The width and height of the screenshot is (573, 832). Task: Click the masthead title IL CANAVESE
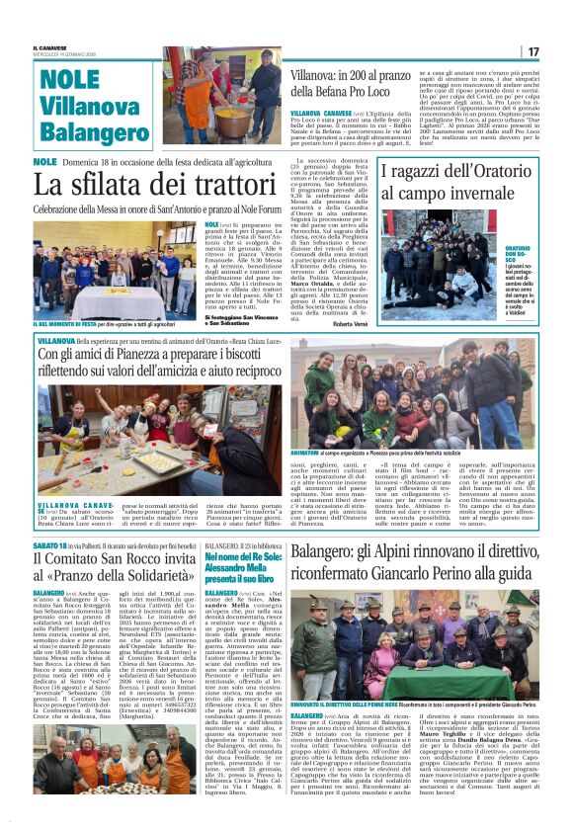pyautogui.click(x=51, y=46)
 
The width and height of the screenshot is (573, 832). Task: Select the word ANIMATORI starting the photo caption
pyautogui.click(x=310, y=453)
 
